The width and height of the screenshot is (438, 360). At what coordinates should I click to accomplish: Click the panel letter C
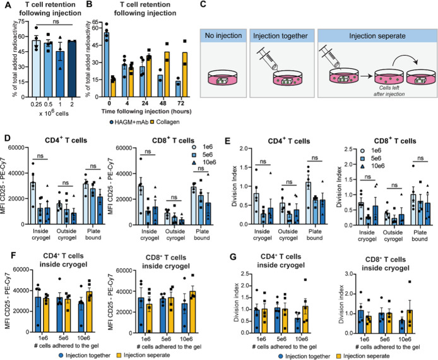point(203,4)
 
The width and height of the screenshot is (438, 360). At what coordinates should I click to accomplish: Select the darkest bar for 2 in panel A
point(72,69)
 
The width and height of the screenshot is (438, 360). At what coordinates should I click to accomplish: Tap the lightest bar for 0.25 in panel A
point(37,69)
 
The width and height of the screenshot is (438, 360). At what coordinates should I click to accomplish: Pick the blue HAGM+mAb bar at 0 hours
point(107,65)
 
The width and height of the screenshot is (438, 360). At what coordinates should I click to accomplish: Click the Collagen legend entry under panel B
point(165,122)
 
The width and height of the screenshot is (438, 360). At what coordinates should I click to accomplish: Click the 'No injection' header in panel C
point(223,36)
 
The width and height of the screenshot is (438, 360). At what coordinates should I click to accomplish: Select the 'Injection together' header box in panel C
point(282,36)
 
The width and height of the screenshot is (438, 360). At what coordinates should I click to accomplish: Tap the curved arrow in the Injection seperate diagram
point(406,58)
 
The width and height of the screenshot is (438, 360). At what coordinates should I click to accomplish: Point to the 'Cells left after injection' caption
point(389,91)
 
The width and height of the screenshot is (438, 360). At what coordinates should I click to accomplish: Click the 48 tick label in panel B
point(163,104)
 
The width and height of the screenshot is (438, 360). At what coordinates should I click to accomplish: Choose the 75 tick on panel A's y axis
point(21,21)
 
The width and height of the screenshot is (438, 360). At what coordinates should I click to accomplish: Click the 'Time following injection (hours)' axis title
point(146,111)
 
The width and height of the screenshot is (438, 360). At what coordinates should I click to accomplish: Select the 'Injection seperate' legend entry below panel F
point(143,355)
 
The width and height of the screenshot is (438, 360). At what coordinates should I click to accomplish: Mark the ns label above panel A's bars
point(56,21)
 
